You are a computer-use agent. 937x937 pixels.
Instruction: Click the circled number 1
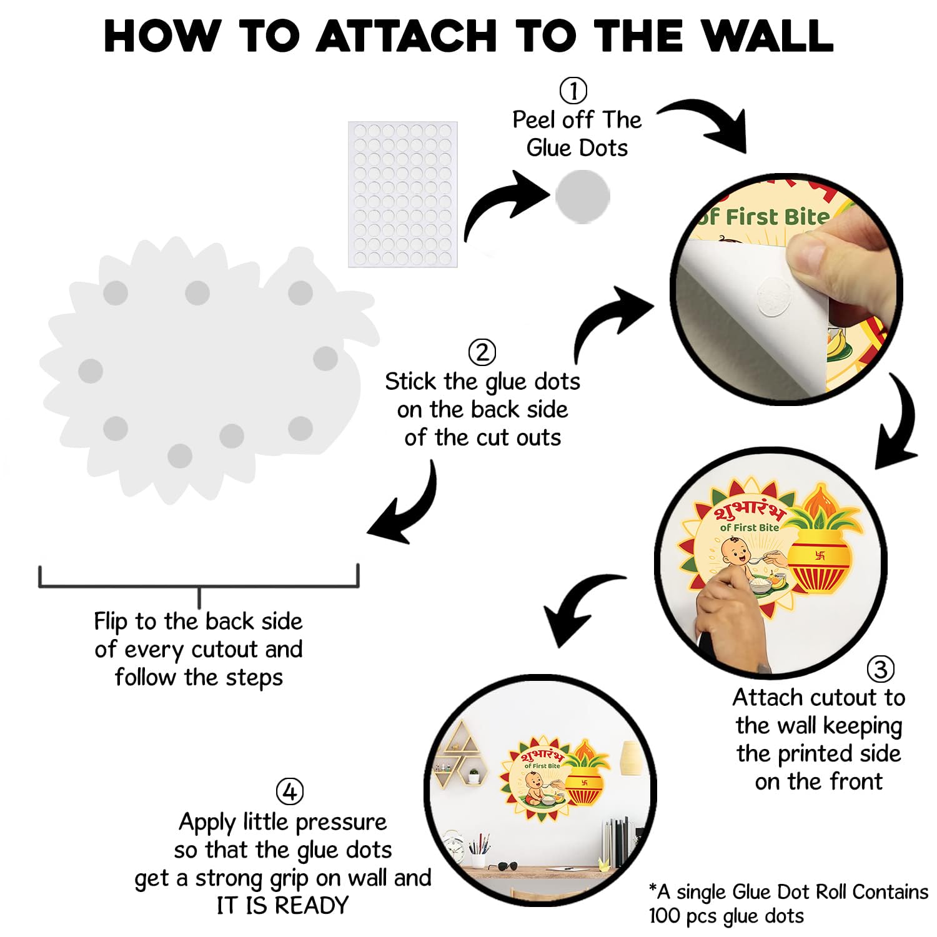point(573,91)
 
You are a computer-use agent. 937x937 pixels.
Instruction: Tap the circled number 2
point(482,352)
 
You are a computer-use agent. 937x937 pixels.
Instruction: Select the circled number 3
point(880,669)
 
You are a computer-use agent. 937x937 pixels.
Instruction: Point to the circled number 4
point(289,792)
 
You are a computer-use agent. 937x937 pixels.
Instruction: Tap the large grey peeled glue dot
point(582,196)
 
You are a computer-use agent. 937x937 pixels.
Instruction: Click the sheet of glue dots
point(403,194)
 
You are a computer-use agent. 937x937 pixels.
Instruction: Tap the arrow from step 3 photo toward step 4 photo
point(578,606)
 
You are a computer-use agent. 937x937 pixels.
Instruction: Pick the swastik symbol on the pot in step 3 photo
point(820,555)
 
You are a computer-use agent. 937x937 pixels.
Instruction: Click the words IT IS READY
point(282,905)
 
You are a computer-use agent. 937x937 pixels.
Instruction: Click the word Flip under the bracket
point(112,622)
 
